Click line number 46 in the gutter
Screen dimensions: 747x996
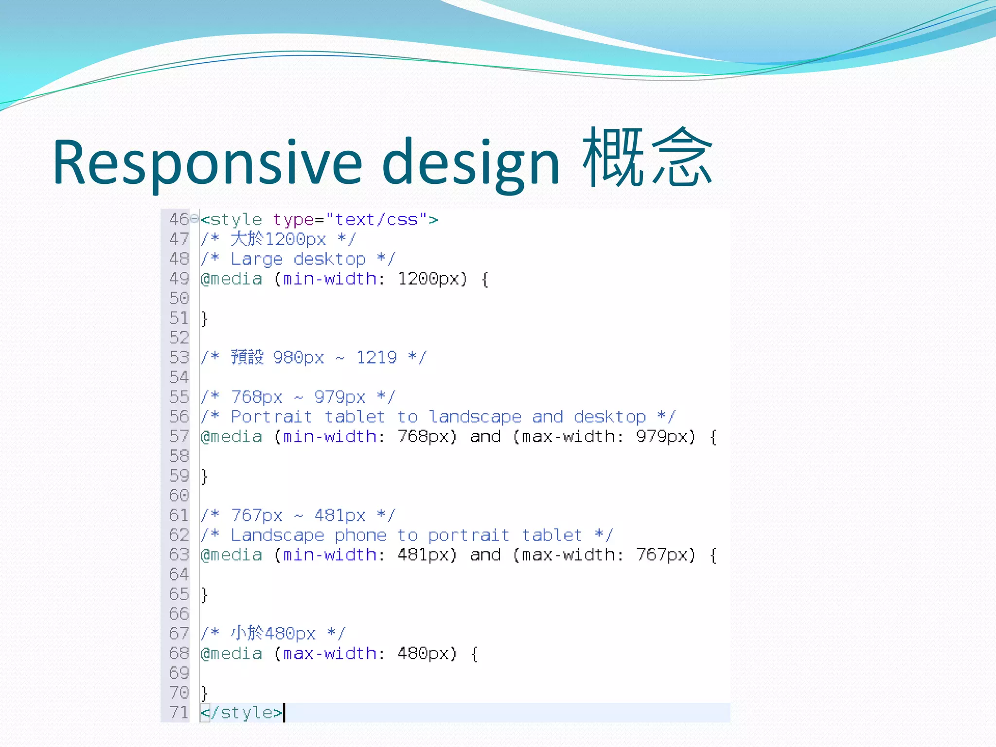(178, 219)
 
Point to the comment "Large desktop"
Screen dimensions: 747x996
(298, 259)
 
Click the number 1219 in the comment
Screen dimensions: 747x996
(376, 357)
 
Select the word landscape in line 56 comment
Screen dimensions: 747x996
(475, 417)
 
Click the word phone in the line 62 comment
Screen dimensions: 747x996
(360, 535)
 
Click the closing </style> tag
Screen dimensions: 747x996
(242, 712)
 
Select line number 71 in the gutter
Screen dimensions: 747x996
(178, 712)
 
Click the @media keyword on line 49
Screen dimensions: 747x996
(231, 279)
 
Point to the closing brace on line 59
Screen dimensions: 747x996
(205, 476)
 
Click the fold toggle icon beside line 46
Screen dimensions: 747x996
(195, 219)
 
